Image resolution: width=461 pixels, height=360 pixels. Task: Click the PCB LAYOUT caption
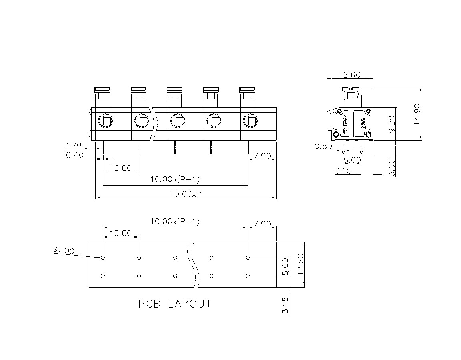tap(175, 304)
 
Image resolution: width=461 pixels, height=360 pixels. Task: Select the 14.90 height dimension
tap(417, 114)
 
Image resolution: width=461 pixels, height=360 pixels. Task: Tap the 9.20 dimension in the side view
tap(391, 124)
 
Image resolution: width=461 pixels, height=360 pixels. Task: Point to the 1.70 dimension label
tap(74, 144)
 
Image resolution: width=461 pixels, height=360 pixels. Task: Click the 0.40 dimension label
tap(75, 155)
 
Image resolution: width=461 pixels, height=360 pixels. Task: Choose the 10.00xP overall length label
tap(186, 194)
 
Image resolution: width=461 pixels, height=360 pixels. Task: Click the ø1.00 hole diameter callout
tap(64, 250)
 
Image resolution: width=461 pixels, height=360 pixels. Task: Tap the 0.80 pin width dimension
tap(323, 146)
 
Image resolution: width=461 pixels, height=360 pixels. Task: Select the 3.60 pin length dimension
tap(392, 168)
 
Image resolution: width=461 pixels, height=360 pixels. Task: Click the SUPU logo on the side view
tap(345, 124)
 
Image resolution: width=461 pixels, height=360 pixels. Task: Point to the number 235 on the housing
tap(363, 124)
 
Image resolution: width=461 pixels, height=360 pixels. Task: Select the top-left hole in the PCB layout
tap(103, 258)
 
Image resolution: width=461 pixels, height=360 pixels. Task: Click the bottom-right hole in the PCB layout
tap(248, 276)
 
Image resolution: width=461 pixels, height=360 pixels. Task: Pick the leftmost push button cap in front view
tap(102, 89)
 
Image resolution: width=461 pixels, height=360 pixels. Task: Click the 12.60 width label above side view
tap(350, 75)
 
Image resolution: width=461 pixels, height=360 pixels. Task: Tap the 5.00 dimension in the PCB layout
tap(285, 267)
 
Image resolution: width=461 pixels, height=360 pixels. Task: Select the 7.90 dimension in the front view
tap(262, 156)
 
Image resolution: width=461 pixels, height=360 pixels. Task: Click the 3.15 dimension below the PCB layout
tap(285, 305)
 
